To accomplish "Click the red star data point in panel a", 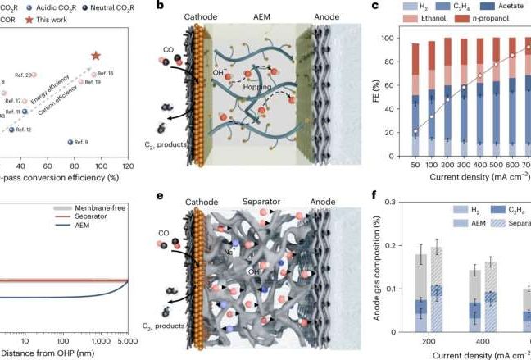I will pyautogui.click(x=96, y=56).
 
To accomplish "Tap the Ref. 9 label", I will pyautogui.click(x=80, y=143).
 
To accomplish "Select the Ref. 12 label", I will pyautogui.click(x=25, y=130).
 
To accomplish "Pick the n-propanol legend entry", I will pyautogui.click(x=470, y=23).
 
